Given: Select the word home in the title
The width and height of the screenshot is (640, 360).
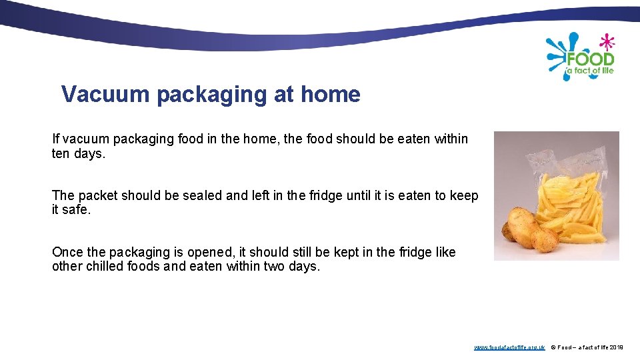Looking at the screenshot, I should point(330,95).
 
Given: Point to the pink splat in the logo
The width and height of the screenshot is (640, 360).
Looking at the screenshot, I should point(607,42).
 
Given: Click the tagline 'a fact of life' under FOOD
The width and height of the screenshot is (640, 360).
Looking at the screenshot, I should point(589,71).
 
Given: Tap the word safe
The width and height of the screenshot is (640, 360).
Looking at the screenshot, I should point(79,210).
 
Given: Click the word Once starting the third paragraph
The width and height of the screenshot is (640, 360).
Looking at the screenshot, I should point(68,253).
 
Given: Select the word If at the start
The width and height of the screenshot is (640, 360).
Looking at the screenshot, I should point(56,139).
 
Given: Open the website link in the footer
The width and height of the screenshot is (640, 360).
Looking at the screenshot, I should point(509,347).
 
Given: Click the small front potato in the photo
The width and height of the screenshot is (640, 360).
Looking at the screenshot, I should point(545,239).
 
